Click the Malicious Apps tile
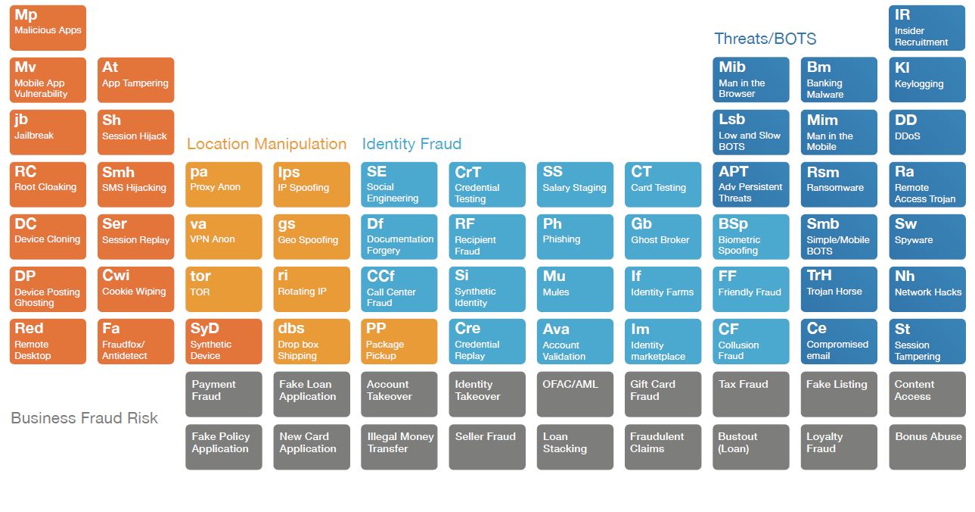(x=48, y=28)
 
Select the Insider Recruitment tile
(x=927, y=28)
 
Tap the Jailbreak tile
(x=48, y=133)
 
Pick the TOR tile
(x=223, y=289)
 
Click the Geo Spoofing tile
(x=311, y=236)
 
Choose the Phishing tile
(x=575, y=236)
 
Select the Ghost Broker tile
(x=663, y=236)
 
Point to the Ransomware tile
(x=839, y=184)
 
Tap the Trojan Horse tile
(x=839, y=289)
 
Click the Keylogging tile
(x=927, y=80)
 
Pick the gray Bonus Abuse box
(x=927, y=446)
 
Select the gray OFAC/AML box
(x=575, y=394)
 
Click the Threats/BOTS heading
(x=765, y=39)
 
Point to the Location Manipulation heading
(x=266, y=144)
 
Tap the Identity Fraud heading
(x=411, y=144)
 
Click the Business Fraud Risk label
(x=84, y=418)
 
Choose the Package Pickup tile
(x=399, y=342)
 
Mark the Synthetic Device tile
(x=223, y=342)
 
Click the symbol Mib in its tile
(x=732, y=67)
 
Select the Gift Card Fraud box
(x=663, y=394)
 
